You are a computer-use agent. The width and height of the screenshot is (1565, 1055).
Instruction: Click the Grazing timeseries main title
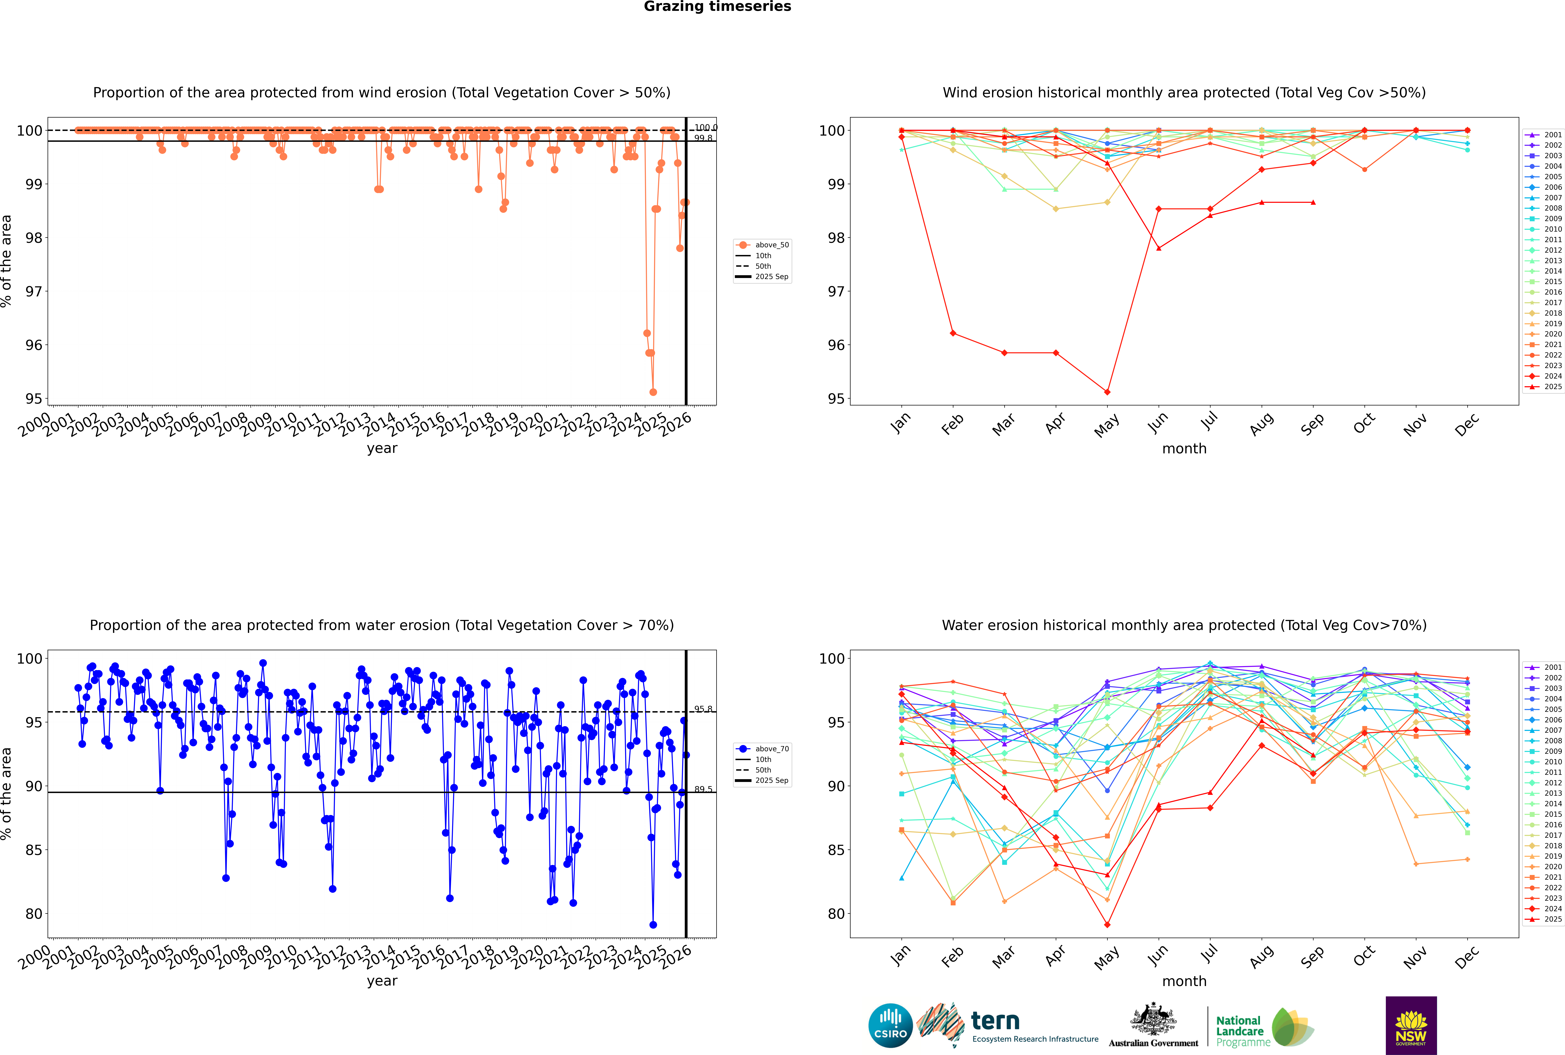[x=717, y=7]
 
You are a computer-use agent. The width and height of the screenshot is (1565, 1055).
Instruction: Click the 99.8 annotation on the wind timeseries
[x=703, y=138]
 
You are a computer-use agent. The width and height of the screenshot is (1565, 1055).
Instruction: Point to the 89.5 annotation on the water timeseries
[x=703, y=789]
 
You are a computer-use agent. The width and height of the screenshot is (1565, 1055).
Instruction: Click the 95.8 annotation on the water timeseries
[x=703, y=709]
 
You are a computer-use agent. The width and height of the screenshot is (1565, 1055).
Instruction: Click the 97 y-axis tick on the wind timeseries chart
[x=34, y=291]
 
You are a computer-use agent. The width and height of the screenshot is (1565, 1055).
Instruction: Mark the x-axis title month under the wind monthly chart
[x=1184, y=449]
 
